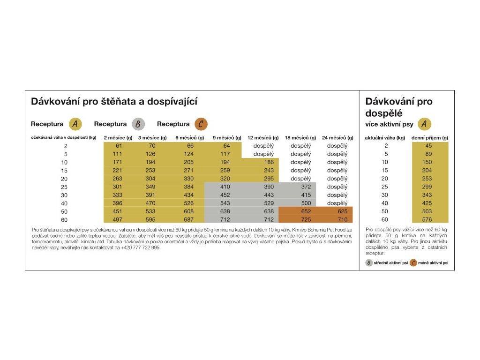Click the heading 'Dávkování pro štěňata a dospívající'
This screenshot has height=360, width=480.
114,101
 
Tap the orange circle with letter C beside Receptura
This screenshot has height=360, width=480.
200,124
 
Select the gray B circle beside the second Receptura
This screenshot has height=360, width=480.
138,124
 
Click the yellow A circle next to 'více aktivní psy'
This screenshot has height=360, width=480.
424,124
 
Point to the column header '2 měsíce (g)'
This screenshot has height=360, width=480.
118,138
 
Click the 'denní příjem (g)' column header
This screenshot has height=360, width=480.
430,138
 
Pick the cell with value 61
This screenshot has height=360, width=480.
119,146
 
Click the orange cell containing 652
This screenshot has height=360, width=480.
306,211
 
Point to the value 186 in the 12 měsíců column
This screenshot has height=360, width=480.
269,162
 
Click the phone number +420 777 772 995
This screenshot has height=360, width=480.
140,247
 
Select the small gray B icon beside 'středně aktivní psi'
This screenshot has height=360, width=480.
369,263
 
